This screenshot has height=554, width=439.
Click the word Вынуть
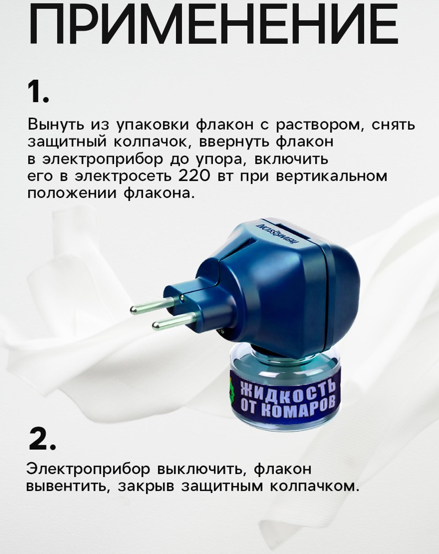click(x=56, y=125)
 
